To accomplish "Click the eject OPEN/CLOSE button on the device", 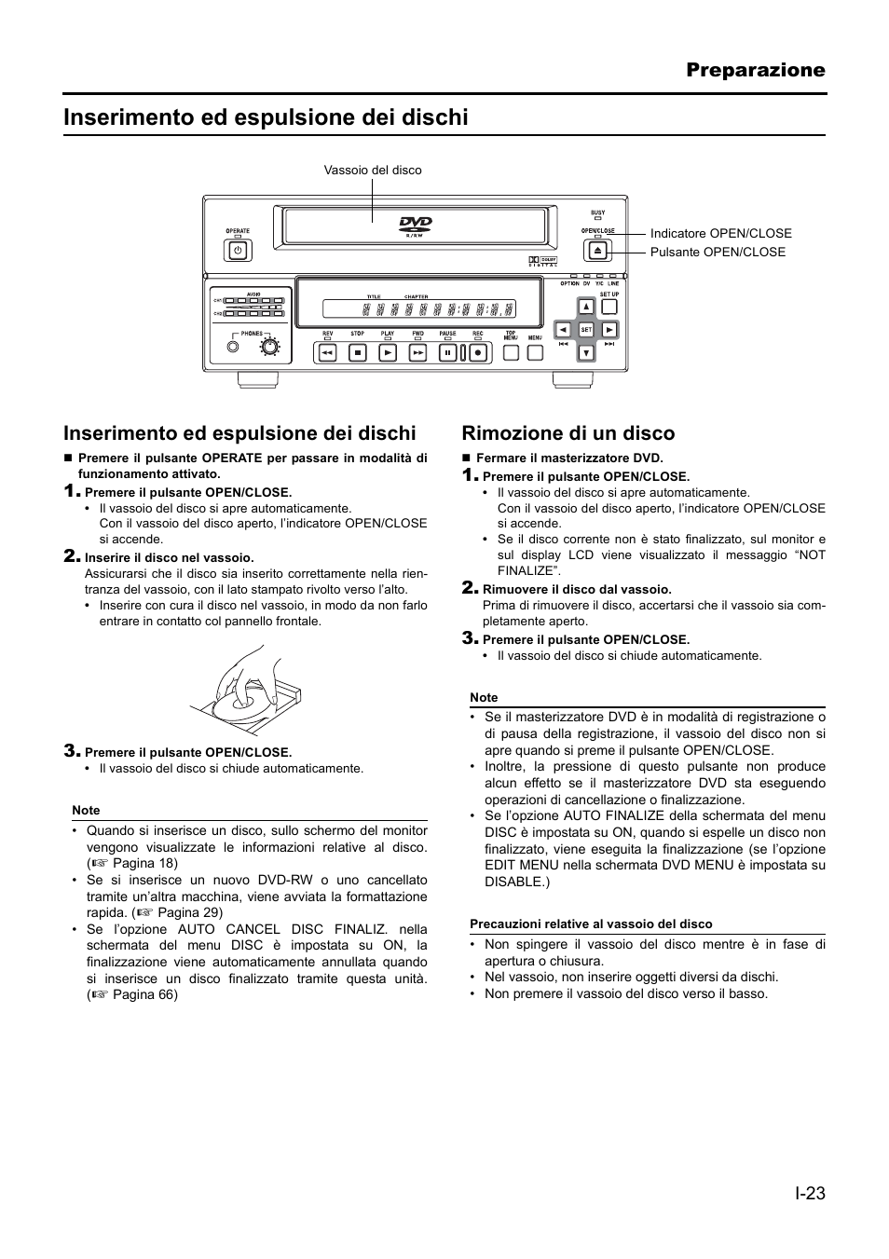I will tap(597, 250).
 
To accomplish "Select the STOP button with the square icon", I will tap(357, 353).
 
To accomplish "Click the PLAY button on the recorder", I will tap(388, 353).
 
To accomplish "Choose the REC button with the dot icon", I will tap(477, 353).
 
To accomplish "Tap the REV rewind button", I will tap(327, 353).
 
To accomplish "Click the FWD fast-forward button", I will tap(417, 353).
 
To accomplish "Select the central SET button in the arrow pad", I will tap(586, 330).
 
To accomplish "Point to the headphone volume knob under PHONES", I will tap(269, 348).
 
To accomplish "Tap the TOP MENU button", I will tap(511, 352).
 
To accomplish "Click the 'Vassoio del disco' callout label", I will tap(373, 171).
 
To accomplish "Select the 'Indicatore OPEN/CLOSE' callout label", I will tap(720, 234).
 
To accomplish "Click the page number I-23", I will tap(810, 1193).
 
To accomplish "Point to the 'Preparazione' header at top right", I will tap(756, 70).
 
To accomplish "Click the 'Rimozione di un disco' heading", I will tap(568, 433).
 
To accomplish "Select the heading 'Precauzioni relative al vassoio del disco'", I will tap(591, 924).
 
